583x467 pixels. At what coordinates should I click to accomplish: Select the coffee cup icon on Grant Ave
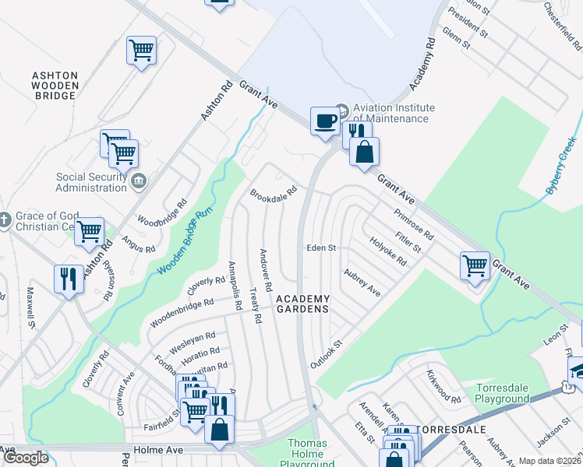tap(324, 121)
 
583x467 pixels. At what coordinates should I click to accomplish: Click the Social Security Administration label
tap(91, 182)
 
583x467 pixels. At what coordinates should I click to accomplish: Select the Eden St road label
tap(320, 248)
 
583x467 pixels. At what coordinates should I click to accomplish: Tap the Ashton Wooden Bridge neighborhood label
tap(55, 86)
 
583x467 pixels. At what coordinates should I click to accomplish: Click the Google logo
tap(26, 458)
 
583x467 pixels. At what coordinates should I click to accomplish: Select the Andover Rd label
tap(266, 270)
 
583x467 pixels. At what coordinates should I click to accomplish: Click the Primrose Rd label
tap(414, 223)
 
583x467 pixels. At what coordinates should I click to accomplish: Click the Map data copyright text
tap(549, 461)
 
